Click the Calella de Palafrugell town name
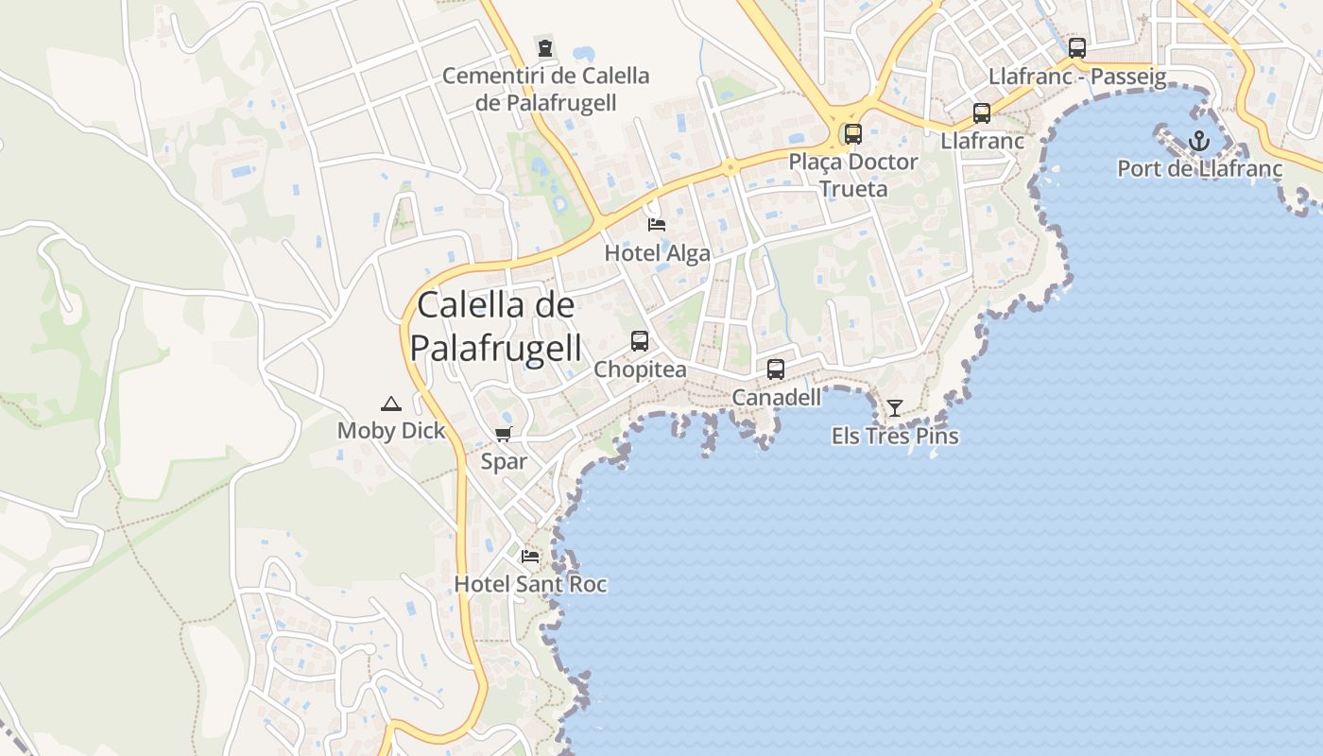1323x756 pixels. [x=495, y=327]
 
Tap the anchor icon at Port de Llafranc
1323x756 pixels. [x=1198, y=142]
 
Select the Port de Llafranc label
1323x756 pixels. [x=1199, y=169]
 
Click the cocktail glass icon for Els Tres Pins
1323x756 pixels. [x=894, y=408]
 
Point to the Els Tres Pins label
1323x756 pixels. [x=894, y=436]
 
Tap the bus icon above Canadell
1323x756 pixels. [x=776, y=369]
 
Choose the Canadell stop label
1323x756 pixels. [x=776, y=398]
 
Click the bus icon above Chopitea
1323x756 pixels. [x=640, y=341]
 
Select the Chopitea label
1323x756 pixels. [x=640, y=369]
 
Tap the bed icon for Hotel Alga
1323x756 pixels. [x=657, y=225]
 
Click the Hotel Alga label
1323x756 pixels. [x=657, y=253]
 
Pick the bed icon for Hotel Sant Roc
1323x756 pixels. [x=530, y=556]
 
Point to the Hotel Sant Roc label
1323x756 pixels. [x=530, y=584]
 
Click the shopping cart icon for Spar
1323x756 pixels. [x=504, y=435]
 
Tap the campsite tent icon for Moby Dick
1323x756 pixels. [x=390, y=404]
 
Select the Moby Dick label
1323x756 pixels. [x=390, y=431]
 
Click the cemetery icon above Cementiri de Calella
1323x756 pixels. [x=545, y=47]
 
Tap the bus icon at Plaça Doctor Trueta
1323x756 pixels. [x=853, y=134]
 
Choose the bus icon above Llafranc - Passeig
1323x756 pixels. [x=1077, y=48]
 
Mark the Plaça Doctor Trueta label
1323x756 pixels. [x=853, y=175]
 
